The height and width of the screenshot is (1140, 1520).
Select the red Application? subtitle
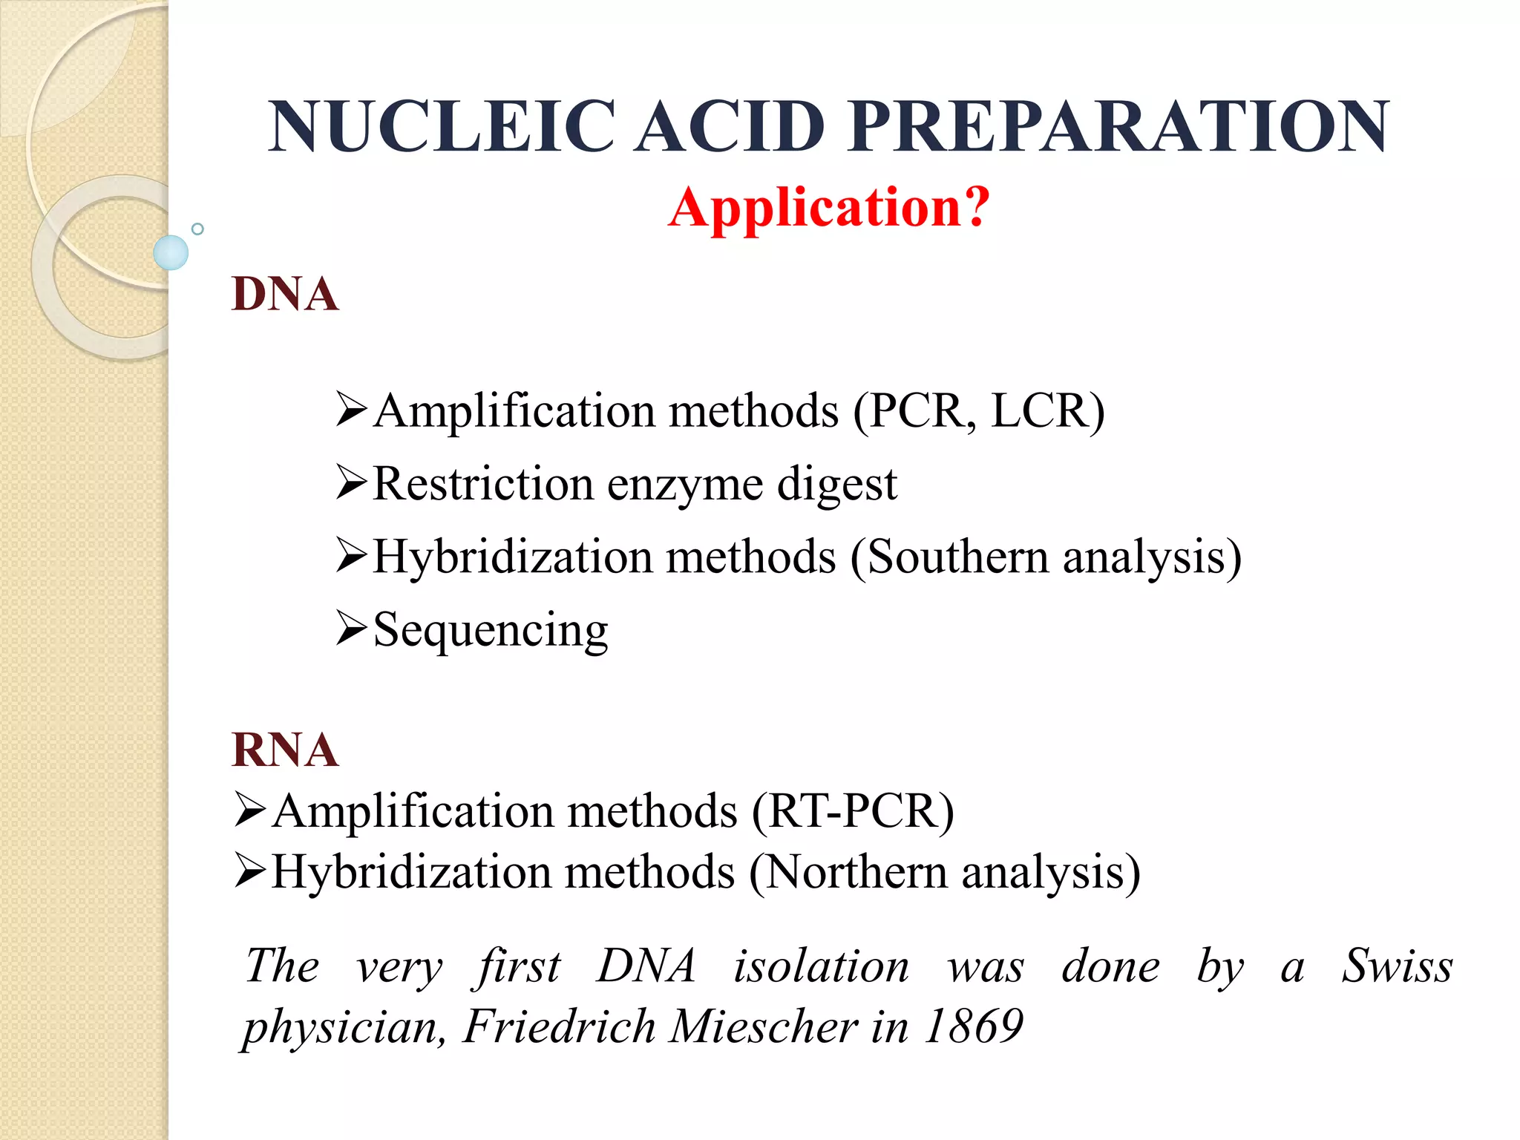click(829, 207)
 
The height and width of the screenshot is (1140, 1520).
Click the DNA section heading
click(285, 294)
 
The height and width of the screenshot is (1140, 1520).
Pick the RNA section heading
click(285, 750)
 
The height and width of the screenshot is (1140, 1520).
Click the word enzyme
click(685, 485)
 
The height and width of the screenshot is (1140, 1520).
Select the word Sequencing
click(491, 630)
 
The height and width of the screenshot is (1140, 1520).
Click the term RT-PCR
click(854, 810)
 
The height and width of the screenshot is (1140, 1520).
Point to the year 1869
click(973, 1026)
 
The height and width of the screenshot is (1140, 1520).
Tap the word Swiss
click(1396, 966)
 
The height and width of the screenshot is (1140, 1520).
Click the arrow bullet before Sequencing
click(351, 628)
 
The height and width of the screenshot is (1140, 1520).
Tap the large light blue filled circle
click(171, 252)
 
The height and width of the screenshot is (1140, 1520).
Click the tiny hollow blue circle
click(197, 229)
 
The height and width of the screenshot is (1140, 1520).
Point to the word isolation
click(821, 966)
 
